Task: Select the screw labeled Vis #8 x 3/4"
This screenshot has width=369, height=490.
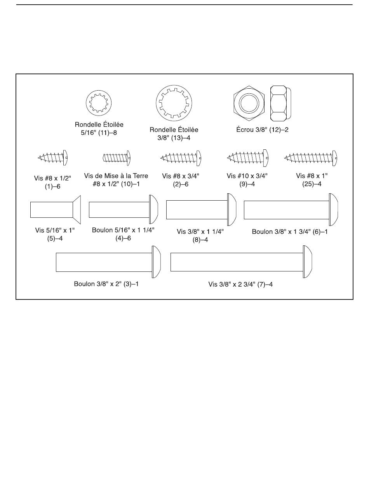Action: tap(181, 158)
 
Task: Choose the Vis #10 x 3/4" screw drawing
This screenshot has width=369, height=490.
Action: tap(247, 158)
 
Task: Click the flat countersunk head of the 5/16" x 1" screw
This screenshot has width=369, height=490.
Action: tap(77, 210)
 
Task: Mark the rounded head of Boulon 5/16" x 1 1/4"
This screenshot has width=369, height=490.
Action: tap(153, 209)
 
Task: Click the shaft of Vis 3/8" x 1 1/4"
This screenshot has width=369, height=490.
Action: tap(197, 210)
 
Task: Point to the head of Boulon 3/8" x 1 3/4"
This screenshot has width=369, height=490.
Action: tap(334, 210)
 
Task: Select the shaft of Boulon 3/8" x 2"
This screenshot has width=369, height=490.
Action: tap(104, 262)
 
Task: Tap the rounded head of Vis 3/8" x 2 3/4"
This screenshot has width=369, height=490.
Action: tap(308, 262)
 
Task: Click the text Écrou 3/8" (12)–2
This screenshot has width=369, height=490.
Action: tap(263, 130)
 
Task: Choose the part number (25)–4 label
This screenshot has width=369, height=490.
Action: tap(312, 184)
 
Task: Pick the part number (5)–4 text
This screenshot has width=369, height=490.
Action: tap(55, 238)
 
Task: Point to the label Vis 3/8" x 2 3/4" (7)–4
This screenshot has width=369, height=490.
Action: tap(240, 284)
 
